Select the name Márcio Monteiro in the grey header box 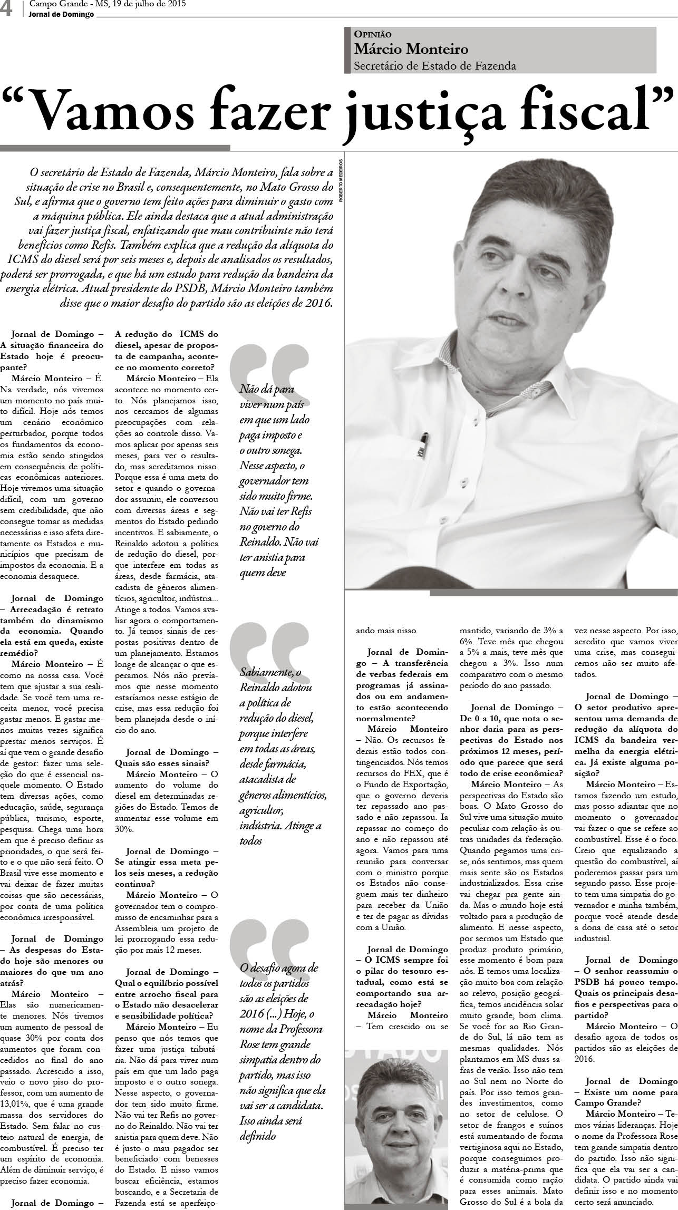[411, 50]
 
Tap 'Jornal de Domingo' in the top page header [62, 14]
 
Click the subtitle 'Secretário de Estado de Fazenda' [435, 66]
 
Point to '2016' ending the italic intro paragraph [316, 303]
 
